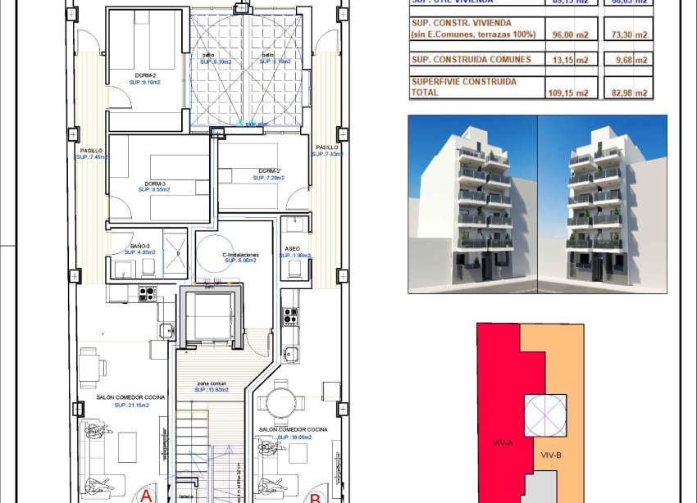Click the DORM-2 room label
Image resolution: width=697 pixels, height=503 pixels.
147,75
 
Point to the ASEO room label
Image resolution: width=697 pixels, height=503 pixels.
293,247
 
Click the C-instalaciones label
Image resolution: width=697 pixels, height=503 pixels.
241,255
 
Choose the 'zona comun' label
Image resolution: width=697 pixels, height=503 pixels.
212,383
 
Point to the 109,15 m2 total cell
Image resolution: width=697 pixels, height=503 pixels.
568,93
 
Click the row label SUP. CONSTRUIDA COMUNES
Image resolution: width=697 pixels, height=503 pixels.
471,59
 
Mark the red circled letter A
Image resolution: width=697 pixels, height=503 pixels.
146,496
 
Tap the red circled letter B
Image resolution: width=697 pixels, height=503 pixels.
314,496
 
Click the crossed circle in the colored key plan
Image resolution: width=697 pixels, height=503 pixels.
544,415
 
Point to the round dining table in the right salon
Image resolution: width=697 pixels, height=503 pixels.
276,403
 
